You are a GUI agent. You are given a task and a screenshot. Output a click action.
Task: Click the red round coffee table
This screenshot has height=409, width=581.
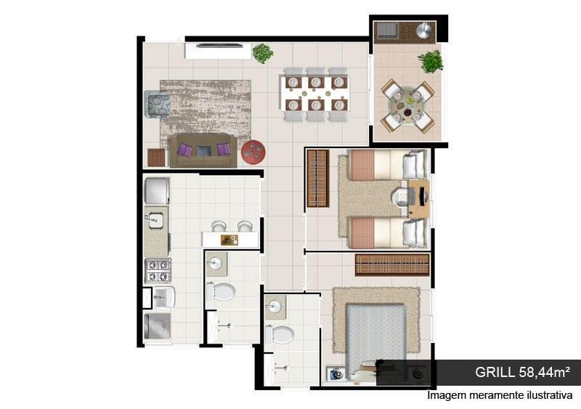pyautogui.click(x=253, y=152)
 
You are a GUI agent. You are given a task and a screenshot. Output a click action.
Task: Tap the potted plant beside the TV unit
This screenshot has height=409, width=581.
pyautogui.click(x=263, y=53)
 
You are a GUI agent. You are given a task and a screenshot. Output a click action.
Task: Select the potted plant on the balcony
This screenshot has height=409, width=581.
pyautogui.click(x=431, y=62)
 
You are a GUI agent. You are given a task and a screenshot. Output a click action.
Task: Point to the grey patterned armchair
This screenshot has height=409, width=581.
pyautogui.click(x=158, y=104)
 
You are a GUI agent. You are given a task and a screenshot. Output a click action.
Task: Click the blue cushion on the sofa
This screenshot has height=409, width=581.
pyautogui.click(x=204, y=151)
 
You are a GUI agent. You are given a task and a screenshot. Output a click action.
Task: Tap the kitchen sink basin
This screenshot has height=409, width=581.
pyautogui.click(x=155, y=220)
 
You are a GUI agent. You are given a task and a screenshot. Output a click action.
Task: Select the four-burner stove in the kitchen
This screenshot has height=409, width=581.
pyautogui.click(x=158, y=271)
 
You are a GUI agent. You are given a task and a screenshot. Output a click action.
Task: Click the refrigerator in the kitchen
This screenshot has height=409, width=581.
pyautogui.click(x=157, y=191)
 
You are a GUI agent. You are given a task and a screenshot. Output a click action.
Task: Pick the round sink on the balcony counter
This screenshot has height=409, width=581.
pyautogui.click(x=425, y=30)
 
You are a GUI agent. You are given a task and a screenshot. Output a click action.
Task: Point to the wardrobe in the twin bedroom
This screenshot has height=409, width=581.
pyautogui.click(x=318, y=179)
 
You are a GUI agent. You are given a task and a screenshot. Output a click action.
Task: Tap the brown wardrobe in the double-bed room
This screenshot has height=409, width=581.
pyautogui.click(x=392, y=264)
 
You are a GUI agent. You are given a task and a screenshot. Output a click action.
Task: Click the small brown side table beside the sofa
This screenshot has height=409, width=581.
pyautogui.click(x=156, y=157)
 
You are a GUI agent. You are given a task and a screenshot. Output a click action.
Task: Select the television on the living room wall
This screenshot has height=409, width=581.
pyautogui.click(x=219, y=46)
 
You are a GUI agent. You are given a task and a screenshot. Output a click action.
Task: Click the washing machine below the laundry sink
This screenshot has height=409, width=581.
pyautogui.click(x=157, y=325)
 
